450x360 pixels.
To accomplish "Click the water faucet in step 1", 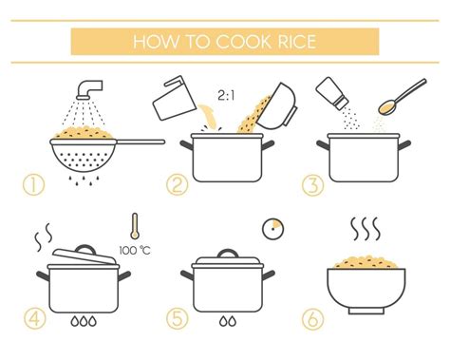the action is [x=90, y=89].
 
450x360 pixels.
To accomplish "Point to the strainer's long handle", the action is [x=140, y=142].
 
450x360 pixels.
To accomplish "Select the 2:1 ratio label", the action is [x=226, y=95].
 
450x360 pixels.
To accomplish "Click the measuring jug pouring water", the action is [x=174, y=98].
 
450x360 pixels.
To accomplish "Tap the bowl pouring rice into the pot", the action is [x=277, y=106].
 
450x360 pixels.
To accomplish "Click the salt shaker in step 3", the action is [x=332, y=94].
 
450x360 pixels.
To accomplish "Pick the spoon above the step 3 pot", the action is [x=403, y=96].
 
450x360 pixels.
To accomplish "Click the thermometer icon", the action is [x=135, y=226].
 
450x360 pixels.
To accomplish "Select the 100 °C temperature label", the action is [x=135, y=251].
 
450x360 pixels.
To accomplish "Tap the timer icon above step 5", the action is [x=272, y=229].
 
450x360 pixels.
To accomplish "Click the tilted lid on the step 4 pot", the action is [x=84, y=256].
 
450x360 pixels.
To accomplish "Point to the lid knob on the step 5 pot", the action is [x=228, y=254].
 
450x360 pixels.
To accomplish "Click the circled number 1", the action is [x=33, y=185].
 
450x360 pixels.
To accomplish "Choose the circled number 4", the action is [x=35, y=318].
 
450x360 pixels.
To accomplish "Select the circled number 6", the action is [x=312, y=319].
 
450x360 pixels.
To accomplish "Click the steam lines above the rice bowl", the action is [x=366, y=229].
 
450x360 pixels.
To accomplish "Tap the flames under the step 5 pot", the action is [x=228, y=321].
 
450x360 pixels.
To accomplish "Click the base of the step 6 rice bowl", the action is [x=366, y=312].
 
